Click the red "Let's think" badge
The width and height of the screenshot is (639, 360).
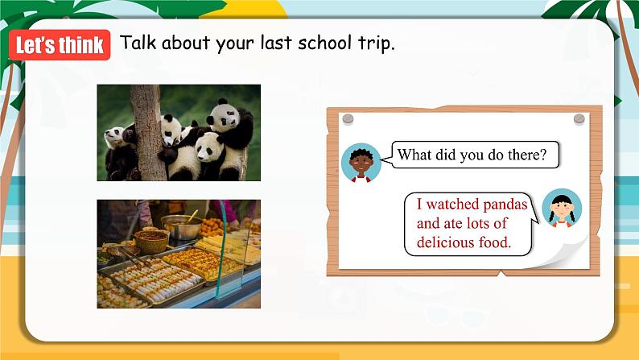click(x=60, y=45)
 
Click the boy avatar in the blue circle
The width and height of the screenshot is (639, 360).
click(x=361, y=163)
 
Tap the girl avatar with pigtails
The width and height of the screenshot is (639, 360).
click(x=562, y=209)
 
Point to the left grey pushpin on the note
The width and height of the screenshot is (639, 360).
click(x=348, y=119)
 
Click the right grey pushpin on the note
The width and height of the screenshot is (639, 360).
click(x=579, y=119)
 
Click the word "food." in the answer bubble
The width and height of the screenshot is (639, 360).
click(x=495, y=242)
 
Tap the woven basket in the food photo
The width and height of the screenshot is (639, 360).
click(x=151, y=242)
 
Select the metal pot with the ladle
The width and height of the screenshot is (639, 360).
click(x=182, y=227)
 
